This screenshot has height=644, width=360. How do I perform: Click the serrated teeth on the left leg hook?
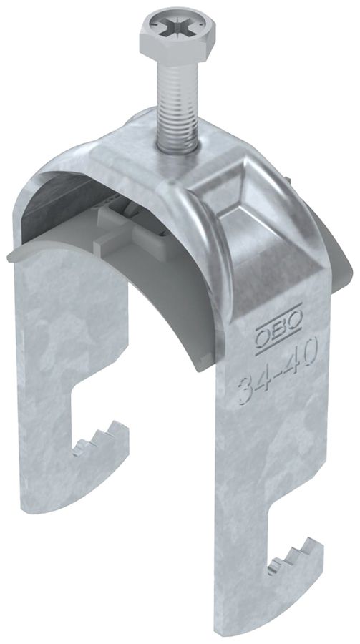tap(100, 438)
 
